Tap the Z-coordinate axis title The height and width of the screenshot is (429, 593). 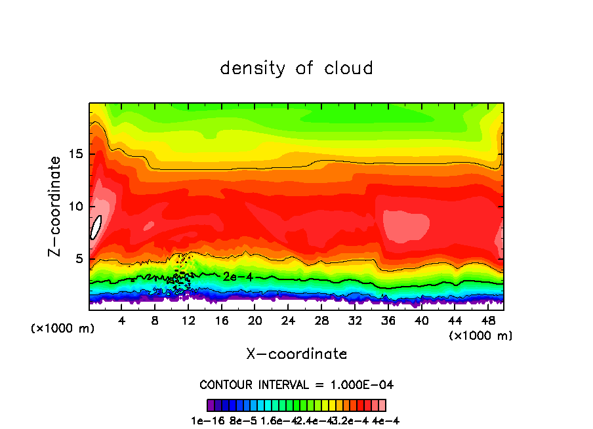[x=56, y=206]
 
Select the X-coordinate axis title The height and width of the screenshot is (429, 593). [x=296, y=354]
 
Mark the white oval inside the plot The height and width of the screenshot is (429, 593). [x=96, y=227]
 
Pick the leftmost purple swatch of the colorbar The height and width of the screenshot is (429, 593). [x=211, y=405]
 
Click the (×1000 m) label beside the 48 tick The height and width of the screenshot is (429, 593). [x=481, y=336]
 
